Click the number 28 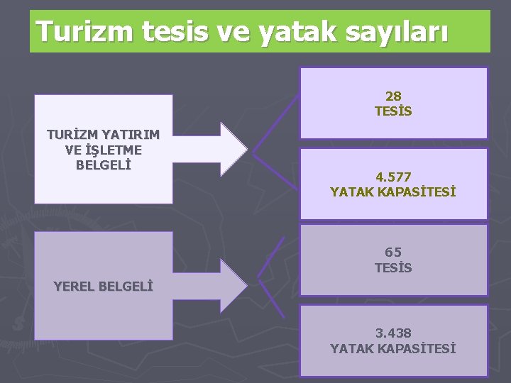coord(393,96)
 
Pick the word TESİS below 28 coord(393,111)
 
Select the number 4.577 coord(393,177)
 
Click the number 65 coord(393,252)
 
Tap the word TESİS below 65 coord(393,267)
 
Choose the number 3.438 coord(393,333)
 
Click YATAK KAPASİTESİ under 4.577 coord(393,191)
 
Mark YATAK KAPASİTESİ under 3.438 coord(393,348)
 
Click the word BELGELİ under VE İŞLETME coord(104,165)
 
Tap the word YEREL coord(75,287)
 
